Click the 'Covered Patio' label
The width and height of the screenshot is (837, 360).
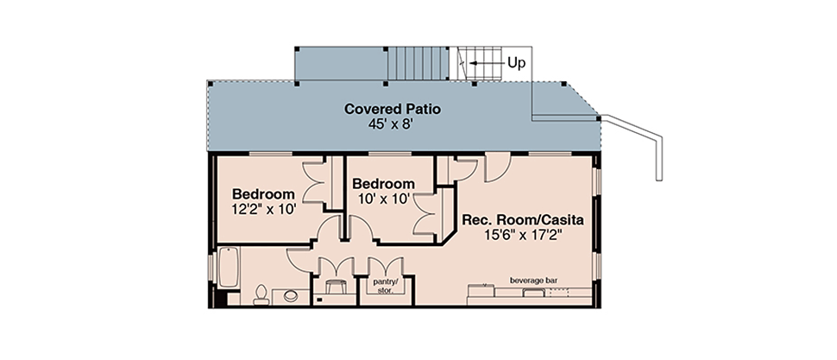coord(393,109)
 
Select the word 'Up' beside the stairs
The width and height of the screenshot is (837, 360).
coord(516,63)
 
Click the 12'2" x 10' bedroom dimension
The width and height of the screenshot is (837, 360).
coord(263,209)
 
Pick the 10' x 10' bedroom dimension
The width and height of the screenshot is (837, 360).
coord(383,199)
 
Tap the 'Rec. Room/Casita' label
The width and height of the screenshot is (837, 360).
coord(523,219)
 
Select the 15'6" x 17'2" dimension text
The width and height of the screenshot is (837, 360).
coord(523,235)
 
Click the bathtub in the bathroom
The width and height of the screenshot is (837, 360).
coord(229,267)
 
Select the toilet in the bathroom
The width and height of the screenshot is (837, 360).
coord(261,294)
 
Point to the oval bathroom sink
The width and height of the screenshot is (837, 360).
coord(291,295)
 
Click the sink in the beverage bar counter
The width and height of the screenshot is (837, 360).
coord(532,294)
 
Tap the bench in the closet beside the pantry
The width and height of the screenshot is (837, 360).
coord(335,287)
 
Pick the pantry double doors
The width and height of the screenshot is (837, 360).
coord(385,267)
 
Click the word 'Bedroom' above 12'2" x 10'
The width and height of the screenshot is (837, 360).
coord(263,193)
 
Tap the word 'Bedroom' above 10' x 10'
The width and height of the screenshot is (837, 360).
coord(383,184)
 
